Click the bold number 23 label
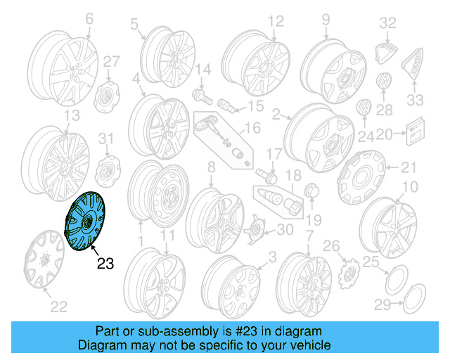coord(105,264)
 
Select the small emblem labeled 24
coord(366,110)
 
